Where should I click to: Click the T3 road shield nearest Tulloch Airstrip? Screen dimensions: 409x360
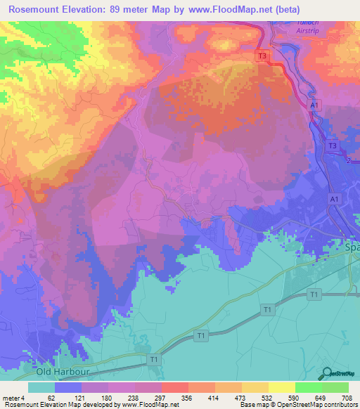point(262,56)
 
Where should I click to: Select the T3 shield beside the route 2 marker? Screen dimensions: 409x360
point(333,145)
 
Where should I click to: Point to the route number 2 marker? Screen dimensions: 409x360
point(347,161)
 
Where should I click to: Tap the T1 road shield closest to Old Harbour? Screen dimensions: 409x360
point(154,360)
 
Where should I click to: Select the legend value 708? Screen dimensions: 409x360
point(346,396)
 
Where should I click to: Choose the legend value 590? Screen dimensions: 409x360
point(291,396)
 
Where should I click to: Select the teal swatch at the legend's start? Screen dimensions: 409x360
point(41,387)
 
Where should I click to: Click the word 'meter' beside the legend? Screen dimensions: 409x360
point(11,396)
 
